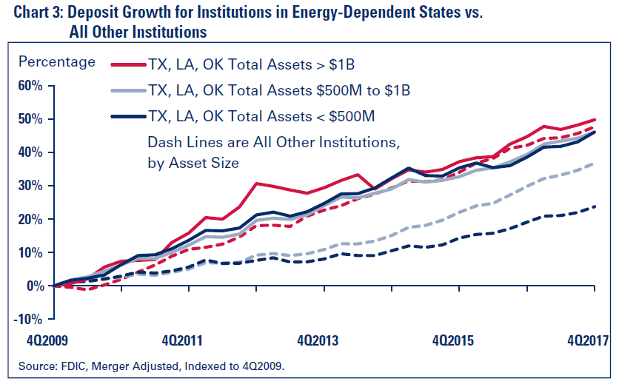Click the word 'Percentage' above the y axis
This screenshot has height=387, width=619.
point(57,61)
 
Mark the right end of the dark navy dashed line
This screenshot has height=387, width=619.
point(597,206)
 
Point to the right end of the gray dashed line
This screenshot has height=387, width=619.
point(597,164)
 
